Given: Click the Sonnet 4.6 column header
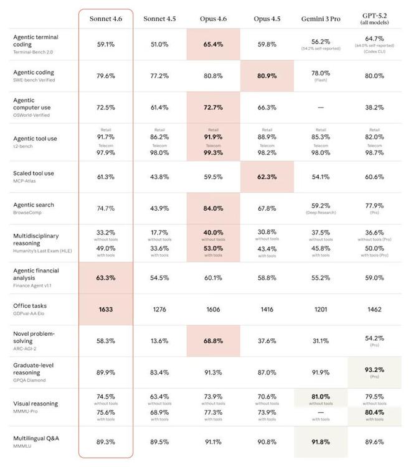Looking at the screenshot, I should tap(105, 18).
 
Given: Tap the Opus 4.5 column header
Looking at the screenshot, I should tap(267, 18).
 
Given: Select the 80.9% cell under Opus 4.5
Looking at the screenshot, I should tap(267, 76).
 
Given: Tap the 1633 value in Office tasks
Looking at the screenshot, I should tap(105, 309).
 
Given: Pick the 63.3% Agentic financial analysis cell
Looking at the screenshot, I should tap(105, 277).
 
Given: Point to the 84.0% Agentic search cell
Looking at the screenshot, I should tap(213, 208).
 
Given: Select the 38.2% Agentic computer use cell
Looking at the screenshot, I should tap(374, 108).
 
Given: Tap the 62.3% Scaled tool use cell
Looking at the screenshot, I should tap(267, 177).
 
